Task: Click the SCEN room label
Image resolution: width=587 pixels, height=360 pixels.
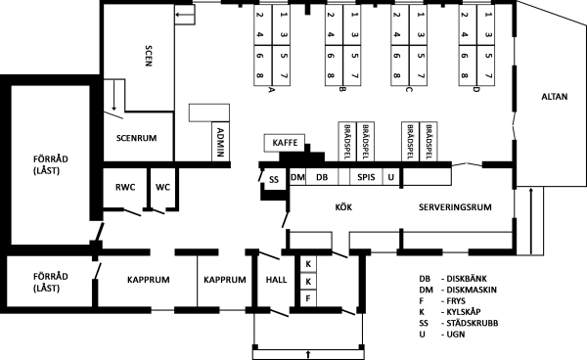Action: (149, 56)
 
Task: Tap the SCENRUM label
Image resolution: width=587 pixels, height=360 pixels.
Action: (136, 138)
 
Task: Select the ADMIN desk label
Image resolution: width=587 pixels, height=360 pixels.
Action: (220, 142)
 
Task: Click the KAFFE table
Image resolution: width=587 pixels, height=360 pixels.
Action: (285, 143)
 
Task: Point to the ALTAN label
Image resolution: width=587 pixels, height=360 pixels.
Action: (555, 97)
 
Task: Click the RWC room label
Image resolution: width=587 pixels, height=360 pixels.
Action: (125, 187)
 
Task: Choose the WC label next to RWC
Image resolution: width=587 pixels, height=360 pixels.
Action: (162, 187)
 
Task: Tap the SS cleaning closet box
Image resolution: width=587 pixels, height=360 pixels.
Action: (274, 180)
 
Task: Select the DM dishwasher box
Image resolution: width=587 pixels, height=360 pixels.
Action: (298, 177)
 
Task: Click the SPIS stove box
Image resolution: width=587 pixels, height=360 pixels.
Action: (366, 177)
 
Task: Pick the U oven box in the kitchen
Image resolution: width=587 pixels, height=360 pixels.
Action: (390, 177)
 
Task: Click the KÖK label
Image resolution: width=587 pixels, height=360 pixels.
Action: (343, 207)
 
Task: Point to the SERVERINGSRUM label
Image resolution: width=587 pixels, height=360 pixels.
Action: (455, 207)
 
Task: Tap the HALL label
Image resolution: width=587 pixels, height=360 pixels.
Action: (276, 280)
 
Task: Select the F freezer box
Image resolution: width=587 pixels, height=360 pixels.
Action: (308, 298)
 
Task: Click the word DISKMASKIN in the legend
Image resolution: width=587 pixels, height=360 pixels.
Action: (472, 290)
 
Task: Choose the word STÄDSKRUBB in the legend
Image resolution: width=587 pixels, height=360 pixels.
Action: (473, 323)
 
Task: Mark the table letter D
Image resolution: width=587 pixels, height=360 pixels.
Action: (475, 90)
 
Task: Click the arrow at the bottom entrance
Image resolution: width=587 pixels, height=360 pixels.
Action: (308, 354)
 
